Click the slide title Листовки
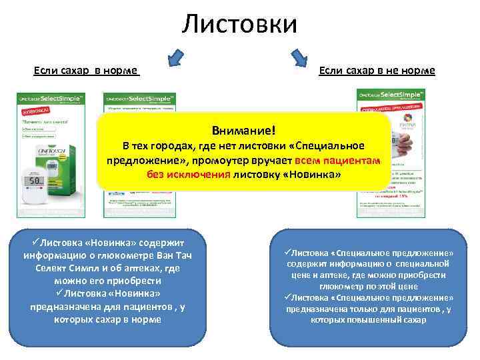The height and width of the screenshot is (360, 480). tap(239, 25)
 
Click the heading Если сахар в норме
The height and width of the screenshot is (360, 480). tap(86, 70)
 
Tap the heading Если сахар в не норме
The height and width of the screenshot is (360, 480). tap(377, 70)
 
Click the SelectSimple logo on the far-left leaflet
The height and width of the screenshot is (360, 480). tap(50, 97)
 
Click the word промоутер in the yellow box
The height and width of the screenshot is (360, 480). tap(227, 161)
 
